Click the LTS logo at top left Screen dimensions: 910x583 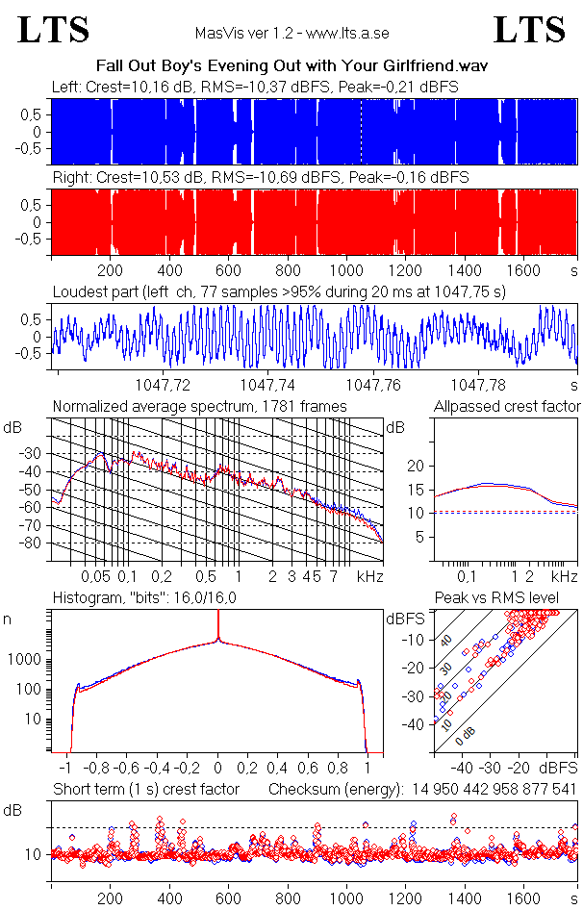tap(54, 30)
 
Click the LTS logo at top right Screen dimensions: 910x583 tap(529, 30)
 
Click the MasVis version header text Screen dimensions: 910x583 tap(291, 34)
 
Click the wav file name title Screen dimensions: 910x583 tap(292, 65)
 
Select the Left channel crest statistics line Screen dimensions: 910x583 tap(255, 87)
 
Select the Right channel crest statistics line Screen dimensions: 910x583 tap(260, 177)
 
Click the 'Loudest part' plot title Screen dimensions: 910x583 tap(279, 291)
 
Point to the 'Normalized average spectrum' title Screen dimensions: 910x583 tap(199, 407)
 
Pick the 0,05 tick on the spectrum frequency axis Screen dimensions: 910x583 tap(95, 576)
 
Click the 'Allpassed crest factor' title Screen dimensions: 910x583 tap(506, 407)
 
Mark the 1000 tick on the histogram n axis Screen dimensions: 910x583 tap(27, 660)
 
